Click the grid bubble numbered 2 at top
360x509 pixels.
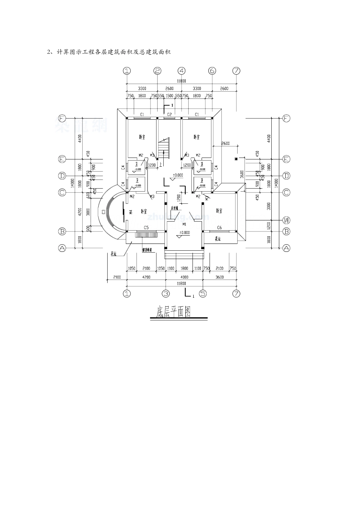[x=158, y=71]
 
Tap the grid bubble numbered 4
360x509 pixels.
[x=182, y=71]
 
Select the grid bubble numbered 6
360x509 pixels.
[x=212, y=71]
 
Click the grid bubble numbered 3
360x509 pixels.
[x=166, y=293]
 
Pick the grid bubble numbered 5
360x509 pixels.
[x=203, y=293]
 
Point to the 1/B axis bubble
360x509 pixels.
[x=286, y=220]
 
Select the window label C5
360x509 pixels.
[x=146, y=228]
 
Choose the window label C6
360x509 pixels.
[x=219, y=228]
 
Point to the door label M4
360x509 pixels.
[x=130, y=212]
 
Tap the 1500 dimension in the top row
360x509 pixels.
[x=169, y=96]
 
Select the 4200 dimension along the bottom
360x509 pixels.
[x=146, y=277]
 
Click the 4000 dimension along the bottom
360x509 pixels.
[x=184, y=277]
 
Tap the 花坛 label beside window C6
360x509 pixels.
[x=218, y=239]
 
